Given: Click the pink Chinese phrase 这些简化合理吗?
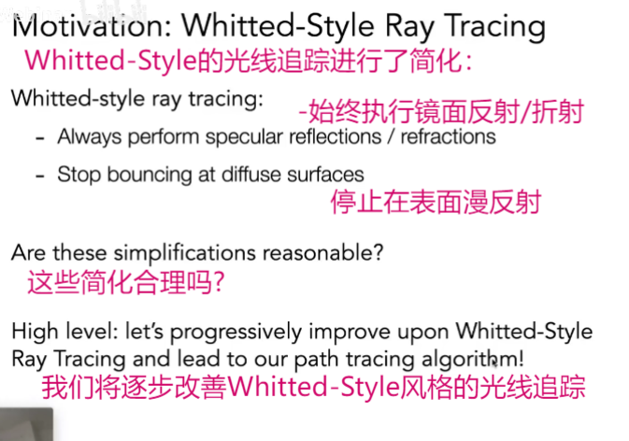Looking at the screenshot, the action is pos(125,282).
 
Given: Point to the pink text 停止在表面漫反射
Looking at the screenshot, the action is pos(436,202).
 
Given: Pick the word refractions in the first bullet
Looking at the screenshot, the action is pos(448,136).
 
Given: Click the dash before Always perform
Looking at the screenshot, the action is pos(39,138).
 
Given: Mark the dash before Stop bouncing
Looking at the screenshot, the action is pos(39,176).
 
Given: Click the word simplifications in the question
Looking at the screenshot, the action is pos(184,253).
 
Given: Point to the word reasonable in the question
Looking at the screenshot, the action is pos(318,253).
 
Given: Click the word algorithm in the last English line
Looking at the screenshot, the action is pos(469,359).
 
